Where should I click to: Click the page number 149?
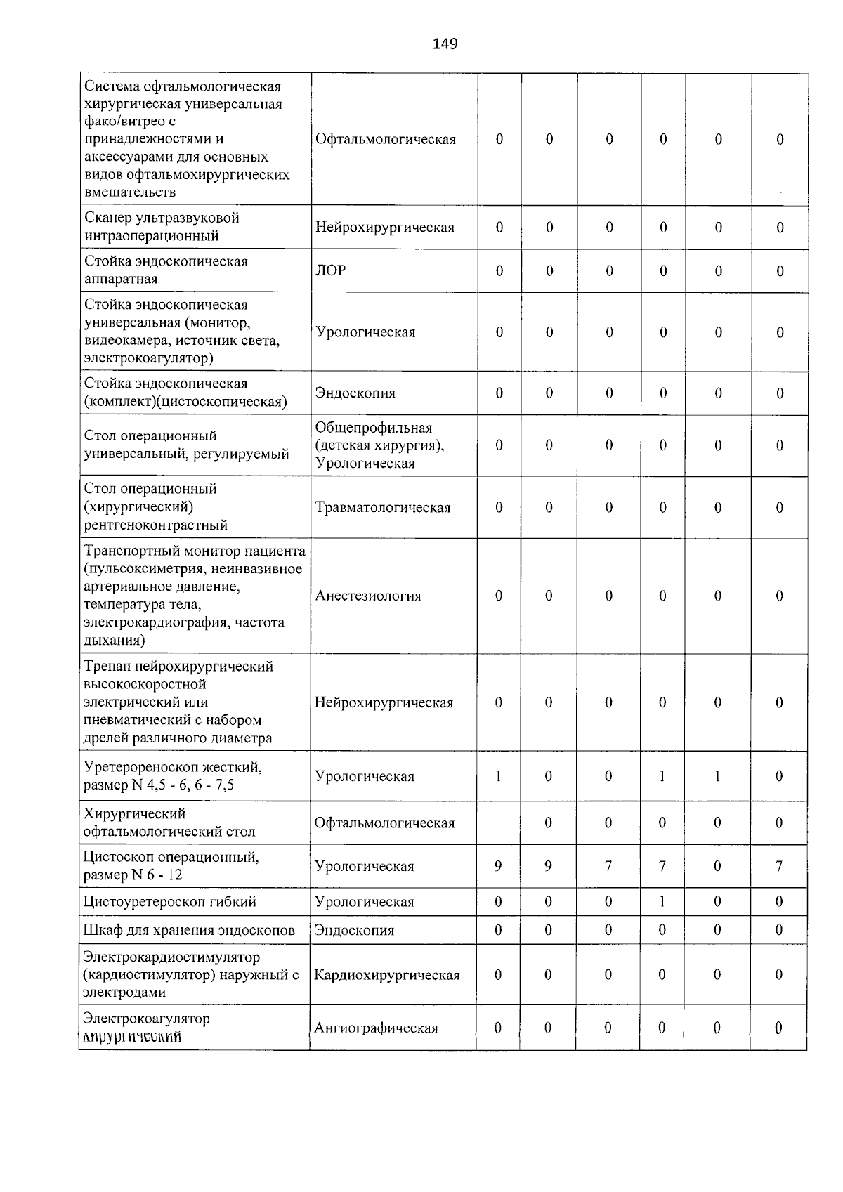[445, 44]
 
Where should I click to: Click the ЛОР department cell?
[331, 270]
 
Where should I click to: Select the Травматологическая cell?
[383, 507]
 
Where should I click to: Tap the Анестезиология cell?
[368, 596]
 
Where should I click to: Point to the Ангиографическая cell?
[376, 1028]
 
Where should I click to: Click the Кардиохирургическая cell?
[387, 974]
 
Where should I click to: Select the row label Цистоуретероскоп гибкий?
[169, 901]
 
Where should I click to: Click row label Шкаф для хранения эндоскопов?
[189, 930]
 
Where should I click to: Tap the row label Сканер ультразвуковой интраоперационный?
[162, 226]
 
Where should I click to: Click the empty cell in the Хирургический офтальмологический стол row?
[498, 823]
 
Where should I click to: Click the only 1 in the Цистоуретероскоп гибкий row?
[662, 901]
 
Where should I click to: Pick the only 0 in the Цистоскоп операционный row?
[717, 866]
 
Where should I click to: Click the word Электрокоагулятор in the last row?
[146, 1018]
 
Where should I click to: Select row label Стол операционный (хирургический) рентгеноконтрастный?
[156, 506]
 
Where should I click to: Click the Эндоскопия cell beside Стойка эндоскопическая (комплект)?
[355, 393]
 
